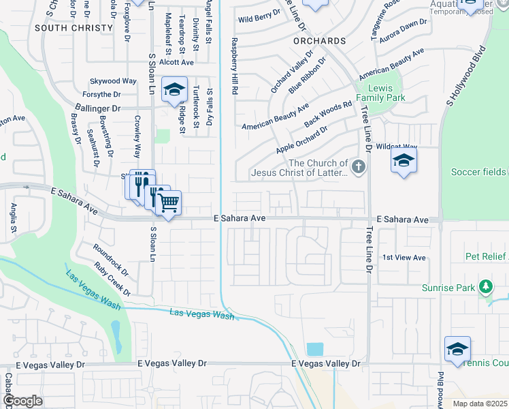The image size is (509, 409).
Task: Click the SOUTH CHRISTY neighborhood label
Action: tap(73, 28)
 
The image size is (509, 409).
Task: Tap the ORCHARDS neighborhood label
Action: tap(320, 41)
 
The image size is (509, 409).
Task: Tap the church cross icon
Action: tap(359, 166)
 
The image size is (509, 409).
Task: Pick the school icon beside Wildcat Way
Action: tap(403, 161)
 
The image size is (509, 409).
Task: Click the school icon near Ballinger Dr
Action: tap(174, 90)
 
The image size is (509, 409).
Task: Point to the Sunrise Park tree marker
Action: tap(485, 286)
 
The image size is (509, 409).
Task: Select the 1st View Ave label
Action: tap(404, 258)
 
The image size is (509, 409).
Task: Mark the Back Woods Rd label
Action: tap(328, 114)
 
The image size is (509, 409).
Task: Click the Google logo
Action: tap(22, 401)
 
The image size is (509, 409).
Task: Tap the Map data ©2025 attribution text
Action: tap(480, 404)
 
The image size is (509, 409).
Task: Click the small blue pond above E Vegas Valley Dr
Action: tap(315, 349)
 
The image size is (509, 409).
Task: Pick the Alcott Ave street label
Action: tap(176, 61)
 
